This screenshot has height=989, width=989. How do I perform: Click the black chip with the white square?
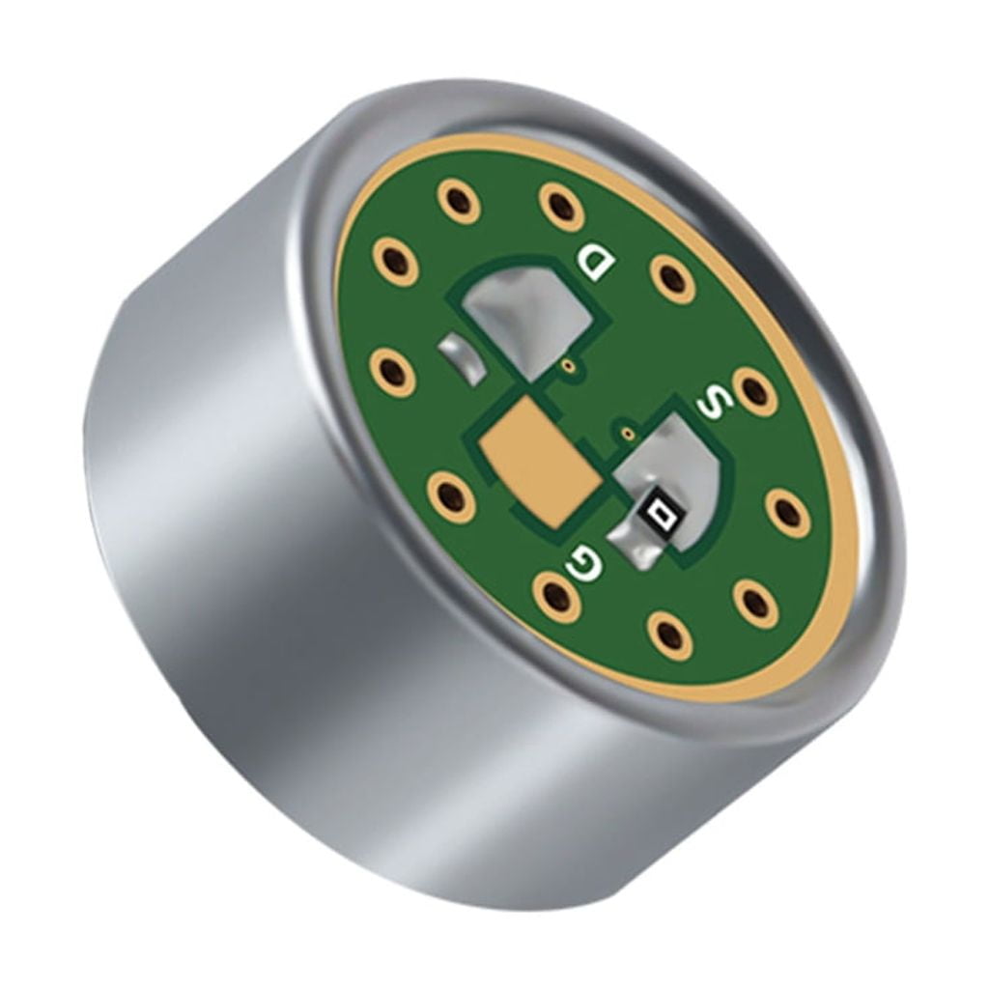point(659,513)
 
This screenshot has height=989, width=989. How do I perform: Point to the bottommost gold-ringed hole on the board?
point(667,634)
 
